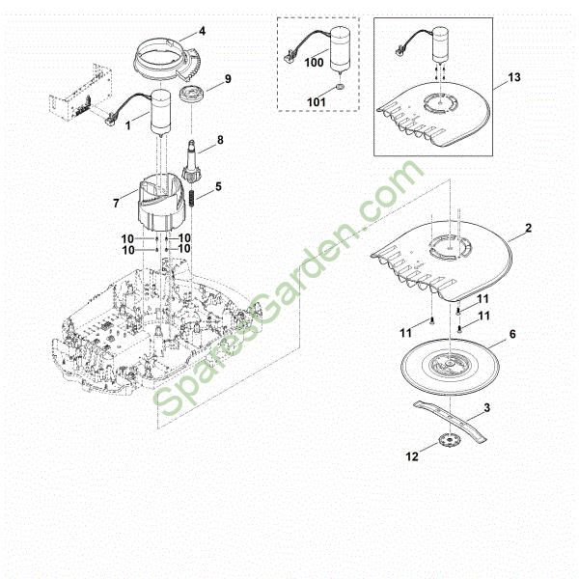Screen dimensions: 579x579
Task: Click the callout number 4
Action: click(202, 31)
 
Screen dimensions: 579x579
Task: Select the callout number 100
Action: click(314, 63)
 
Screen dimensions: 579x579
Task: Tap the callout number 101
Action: click(317, 102)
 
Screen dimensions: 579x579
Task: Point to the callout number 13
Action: click(513, 77)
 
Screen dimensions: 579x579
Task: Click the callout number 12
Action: click(412, 456)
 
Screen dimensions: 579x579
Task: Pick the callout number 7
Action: click(117, 203)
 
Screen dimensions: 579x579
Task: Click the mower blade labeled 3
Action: click(450, 421)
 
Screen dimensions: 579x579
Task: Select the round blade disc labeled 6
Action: click(450, 367)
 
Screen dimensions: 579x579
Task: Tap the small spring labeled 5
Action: click(192, 199)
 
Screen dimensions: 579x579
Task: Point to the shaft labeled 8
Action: click(192, 160)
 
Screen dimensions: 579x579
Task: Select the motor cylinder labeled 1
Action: click(161, 113)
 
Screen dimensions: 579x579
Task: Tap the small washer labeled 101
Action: click(341, 87)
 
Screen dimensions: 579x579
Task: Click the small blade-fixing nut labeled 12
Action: click(448, 440)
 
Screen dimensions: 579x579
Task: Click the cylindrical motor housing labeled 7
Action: click(160, 202)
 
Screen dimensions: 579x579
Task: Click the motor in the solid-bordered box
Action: click(441, 45)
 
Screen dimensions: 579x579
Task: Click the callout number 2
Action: click(529, 228)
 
